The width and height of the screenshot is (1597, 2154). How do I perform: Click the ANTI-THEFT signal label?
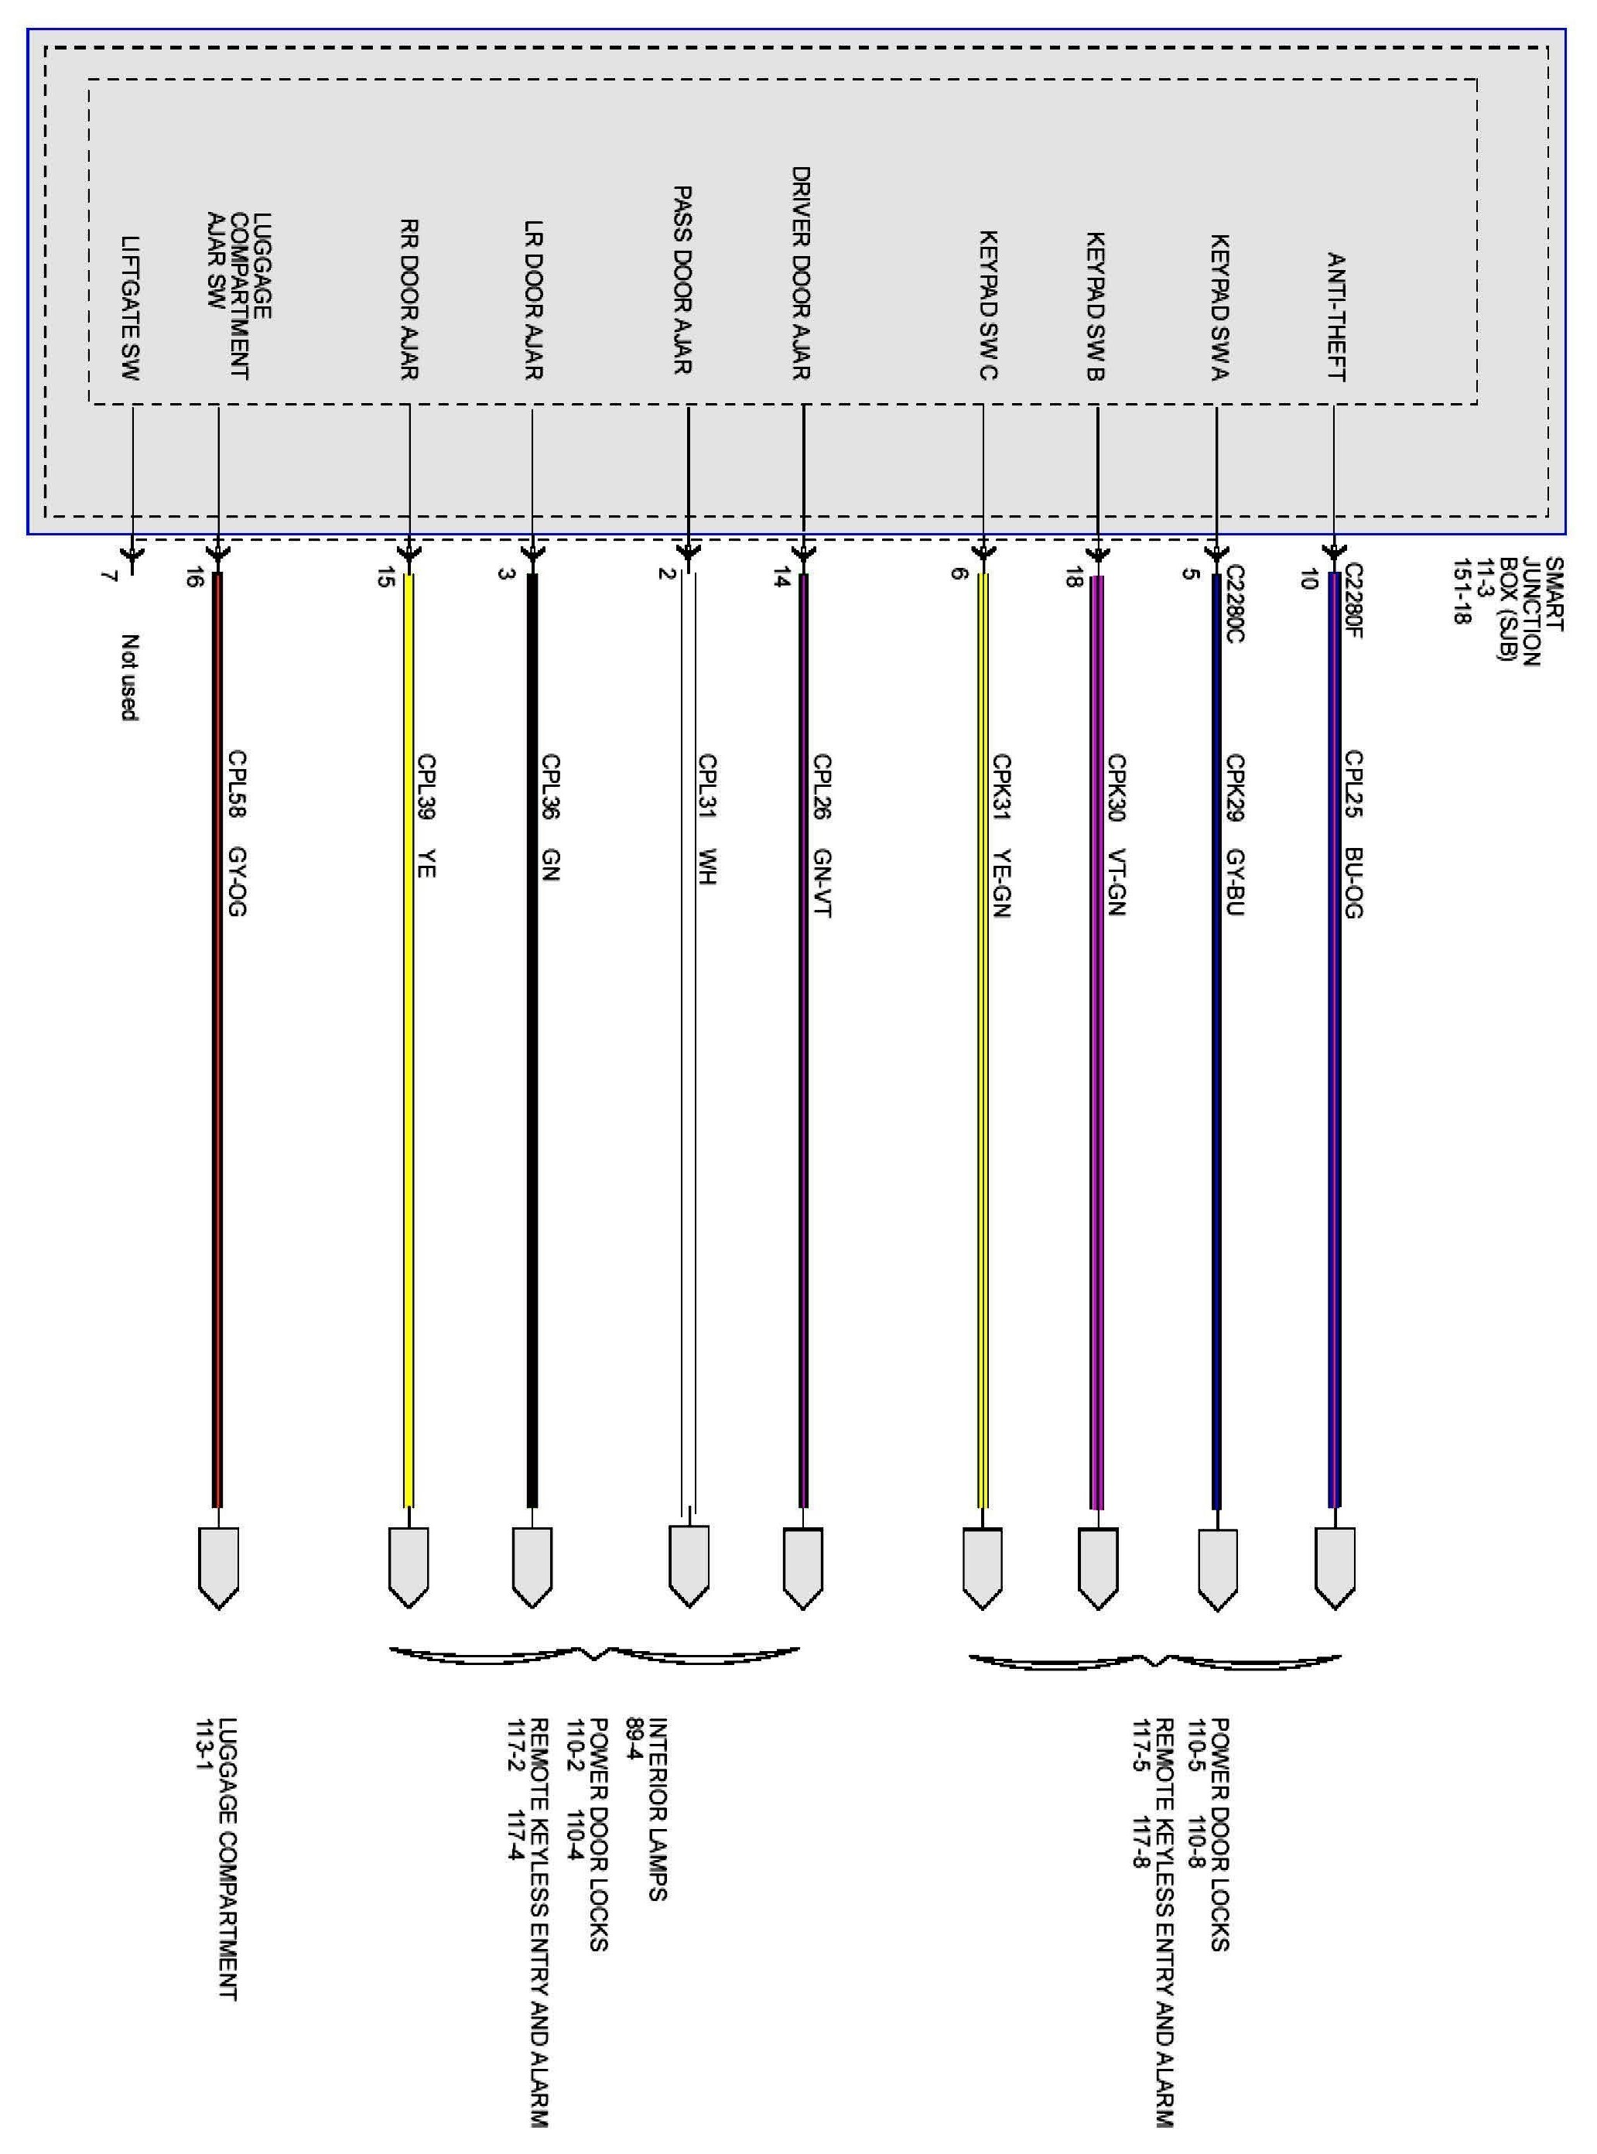pyautogui.click(x=1336, y=317)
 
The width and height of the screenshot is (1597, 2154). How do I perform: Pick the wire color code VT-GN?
pyautogui.click(x=1117, y=882)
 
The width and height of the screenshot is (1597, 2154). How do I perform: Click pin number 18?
pyautogui.click(x=1072, y=578)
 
